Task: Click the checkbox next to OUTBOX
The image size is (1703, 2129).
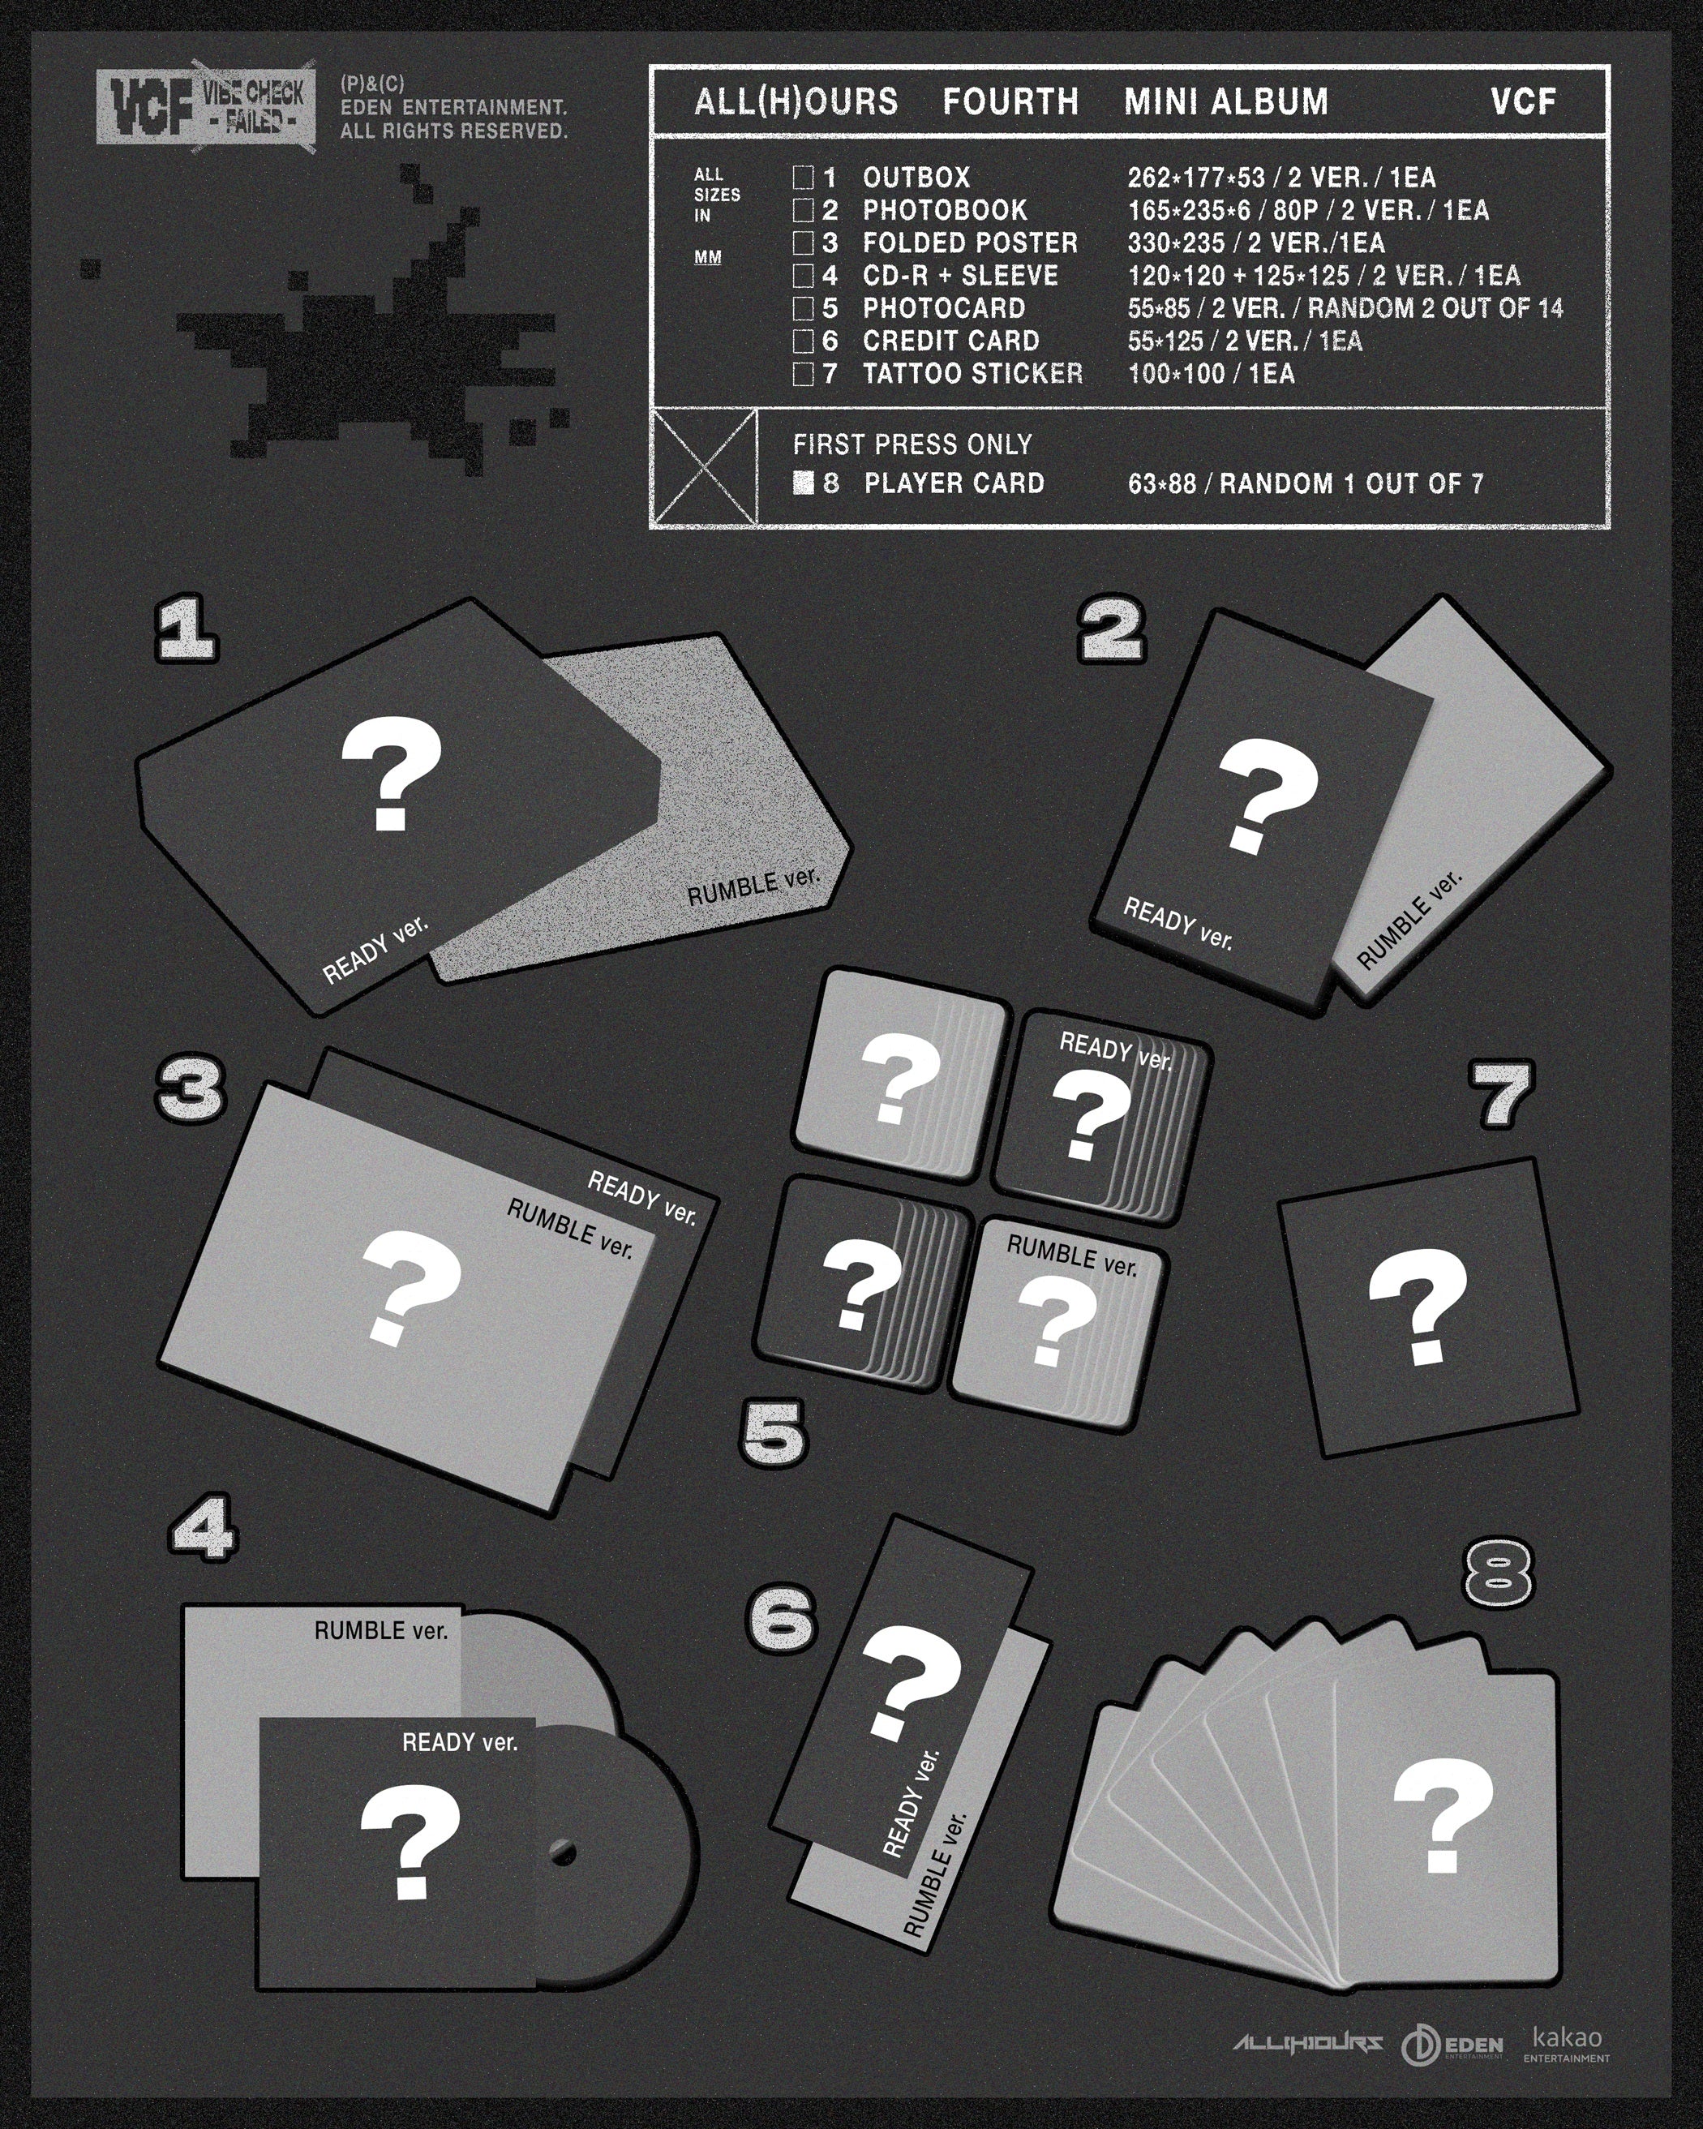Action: coord(804,178)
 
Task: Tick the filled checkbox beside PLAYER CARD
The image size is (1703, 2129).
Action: coord(804,483)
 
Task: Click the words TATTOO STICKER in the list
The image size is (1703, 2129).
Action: coord(972,373)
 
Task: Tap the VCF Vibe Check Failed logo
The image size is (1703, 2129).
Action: coord(205,108)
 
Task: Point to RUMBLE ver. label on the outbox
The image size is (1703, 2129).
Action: coord(753,885)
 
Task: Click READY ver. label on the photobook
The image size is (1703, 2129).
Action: coord(1178,922)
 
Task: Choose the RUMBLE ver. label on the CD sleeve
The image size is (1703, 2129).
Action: coord(381,1629)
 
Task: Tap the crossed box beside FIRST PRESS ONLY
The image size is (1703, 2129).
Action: coord(705,466)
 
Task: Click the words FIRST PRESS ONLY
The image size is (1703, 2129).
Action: coord(912,444)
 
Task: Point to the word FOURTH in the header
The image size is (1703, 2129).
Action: coord(1010,101)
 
